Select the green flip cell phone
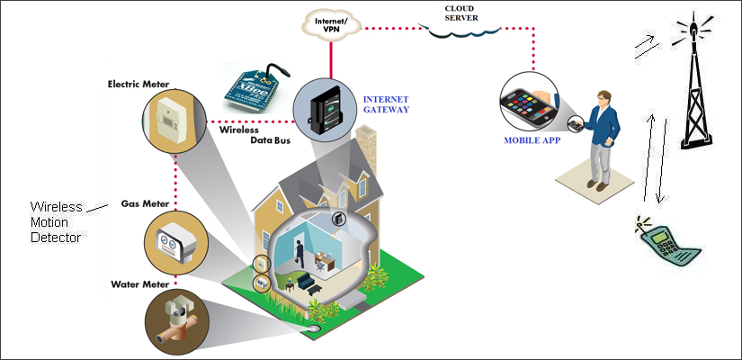point(665,239)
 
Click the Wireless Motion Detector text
point(57,221)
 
